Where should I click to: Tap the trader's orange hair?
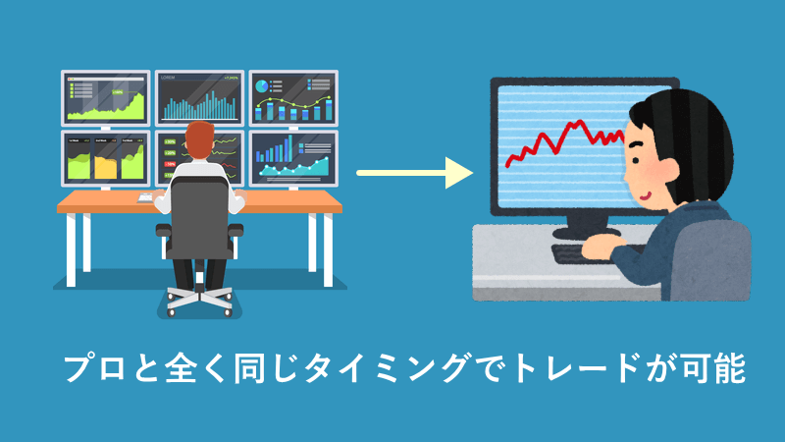[x=199, y=138]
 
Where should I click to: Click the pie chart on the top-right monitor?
[x=261, y=86]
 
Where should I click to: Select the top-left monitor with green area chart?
[x=106, y=98]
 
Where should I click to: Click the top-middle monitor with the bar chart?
[x=199, y=98]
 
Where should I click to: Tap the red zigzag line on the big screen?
[x=566, y=141]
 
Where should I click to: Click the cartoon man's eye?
[x=635, y=161]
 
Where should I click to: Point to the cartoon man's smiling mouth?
[x=645, y=195]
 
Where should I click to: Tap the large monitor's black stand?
[x=586, y=227]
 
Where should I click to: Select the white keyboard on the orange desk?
[x=145, y=198]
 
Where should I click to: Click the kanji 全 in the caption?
[x=183, y=368]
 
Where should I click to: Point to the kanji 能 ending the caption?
[x=730, y=368]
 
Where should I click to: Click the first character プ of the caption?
[x=80, y=368]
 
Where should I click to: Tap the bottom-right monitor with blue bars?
[x=293, y=159]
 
